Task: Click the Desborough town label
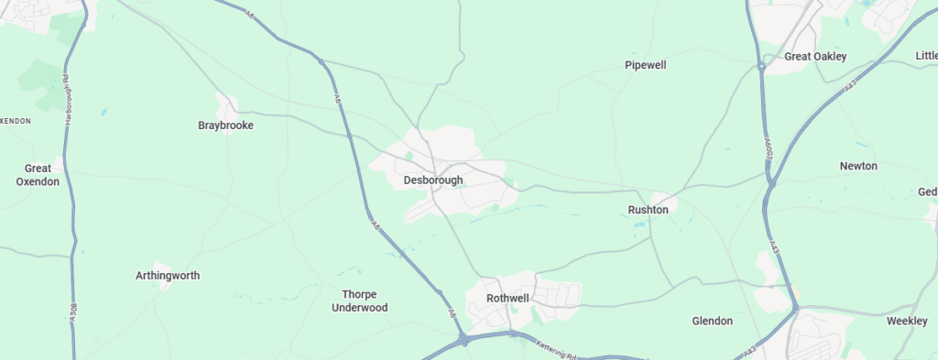coord(433,180)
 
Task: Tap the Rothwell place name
coord(508,299)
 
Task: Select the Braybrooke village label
coord(225,125)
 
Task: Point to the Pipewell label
coord(645,65)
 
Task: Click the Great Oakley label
coord(815,57)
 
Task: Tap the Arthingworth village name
coord(168,276)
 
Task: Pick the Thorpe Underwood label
coord(359,301)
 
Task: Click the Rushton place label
coord(649,210)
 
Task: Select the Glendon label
coord(712,322)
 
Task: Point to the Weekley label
coord(907,322)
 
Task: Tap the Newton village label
coord(858,166)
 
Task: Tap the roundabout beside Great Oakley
coord(761,66)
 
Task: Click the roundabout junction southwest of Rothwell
coord(465,342)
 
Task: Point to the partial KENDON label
coord(16,120)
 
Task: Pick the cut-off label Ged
coord(927,191)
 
